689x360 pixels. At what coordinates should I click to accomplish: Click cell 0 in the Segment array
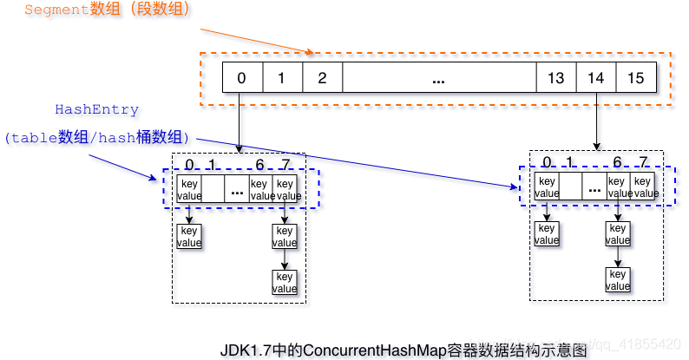[x=241, y=78]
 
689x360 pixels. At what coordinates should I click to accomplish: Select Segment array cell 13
[x=556, y=78]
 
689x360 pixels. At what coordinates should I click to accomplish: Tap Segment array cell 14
[x=596, y=78]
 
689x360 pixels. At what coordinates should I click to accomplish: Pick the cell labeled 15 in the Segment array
[x=635, y=78]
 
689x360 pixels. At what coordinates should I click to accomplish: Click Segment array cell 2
[x=322, y=78]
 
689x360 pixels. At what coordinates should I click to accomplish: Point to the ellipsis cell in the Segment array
[x=439, y=78]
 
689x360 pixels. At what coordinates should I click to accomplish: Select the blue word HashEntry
[x=96, y=110]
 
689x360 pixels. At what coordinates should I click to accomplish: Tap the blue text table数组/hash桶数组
[x=96, y=139]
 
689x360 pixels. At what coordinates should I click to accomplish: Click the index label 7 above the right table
[x=643, y=161]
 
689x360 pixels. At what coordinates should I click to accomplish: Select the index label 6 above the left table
[x=259, y=165]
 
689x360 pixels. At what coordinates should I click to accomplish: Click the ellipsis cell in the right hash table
[x=594, y=187]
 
